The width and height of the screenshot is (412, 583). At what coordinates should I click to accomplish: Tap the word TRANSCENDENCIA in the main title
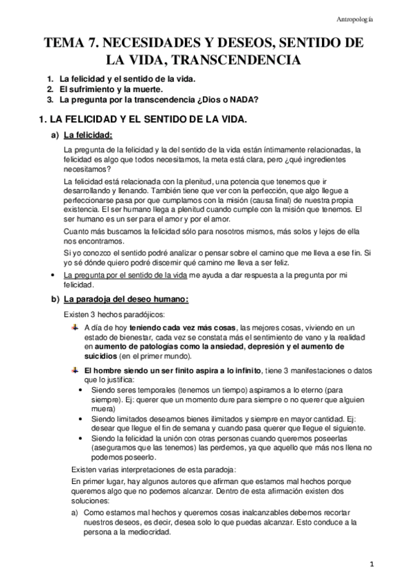[x=238, y=60]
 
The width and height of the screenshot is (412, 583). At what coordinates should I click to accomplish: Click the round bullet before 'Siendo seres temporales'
[x=83, y=390]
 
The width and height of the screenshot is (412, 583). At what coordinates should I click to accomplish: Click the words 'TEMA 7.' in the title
[x=70, y=43]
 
